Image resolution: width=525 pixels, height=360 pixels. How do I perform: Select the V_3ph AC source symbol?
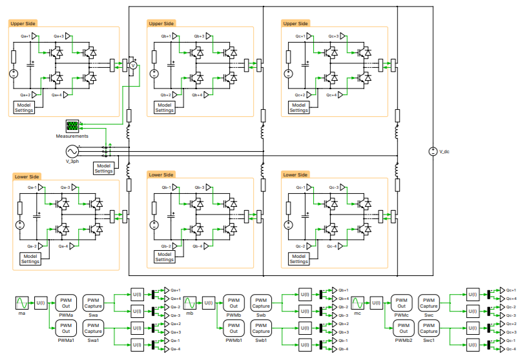click(70, 151)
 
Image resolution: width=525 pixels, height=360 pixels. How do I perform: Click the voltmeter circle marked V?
click(133, 65)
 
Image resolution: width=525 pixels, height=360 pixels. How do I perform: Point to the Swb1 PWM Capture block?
click(261, 328)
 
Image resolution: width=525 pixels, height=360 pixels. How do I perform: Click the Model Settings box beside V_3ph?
click(103, 168)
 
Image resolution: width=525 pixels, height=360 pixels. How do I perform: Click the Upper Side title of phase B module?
click(161, 24)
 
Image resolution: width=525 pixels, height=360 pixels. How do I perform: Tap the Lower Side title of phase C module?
click(295, 175)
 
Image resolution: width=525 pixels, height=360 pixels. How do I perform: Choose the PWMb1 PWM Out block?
click(234, 328)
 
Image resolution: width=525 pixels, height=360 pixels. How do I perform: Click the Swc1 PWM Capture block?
click(429, 328)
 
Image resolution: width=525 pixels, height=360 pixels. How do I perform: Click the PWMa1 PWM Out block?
click(66, 328)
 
